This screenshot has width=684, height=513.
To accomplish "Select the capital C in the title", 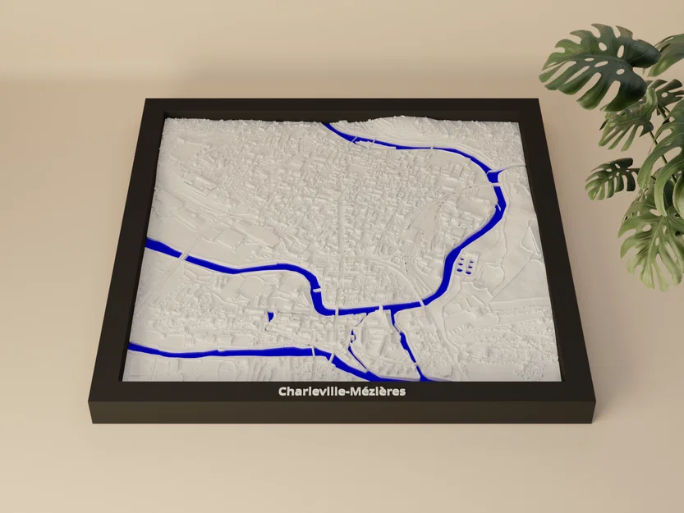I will (282, 392).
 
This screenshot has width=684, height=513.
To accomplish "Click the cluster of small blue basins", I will (466, 264).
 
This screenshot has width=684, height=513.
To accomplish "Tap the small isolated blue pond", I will (269, 315).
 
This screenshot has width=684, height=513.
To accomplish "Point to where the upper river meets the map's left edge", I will (148, 245).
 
